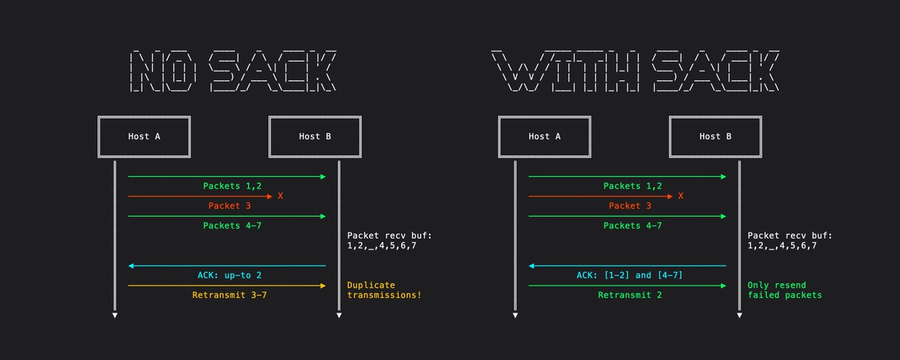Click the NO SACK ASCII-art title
coord(233,71)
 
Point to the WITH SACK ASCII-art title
coord(635,71)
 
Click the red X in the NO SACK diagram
coord(280,196)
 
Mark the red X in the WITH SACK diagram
coord(681,196)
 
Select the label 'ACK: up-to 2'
coord(229,275)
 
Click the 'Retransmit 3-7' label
coord(229,295)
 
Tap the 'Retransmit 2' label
coord(629,295)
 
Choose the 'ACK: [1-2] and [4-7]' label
coord(629,275)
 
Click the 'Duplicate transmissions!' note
coord(384,290)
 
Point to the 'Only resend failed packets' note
coord(784,290)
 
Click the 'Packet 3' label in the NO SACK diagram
coord(229,205)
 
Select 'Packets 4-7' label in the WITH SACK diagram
coord(632,226)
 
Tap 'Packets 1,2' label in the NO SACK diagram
coord(232,186)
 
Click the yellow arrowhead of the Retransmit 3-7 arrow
coord(323,286)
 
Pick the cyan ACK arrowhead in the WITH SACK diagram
coord(532,265)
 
